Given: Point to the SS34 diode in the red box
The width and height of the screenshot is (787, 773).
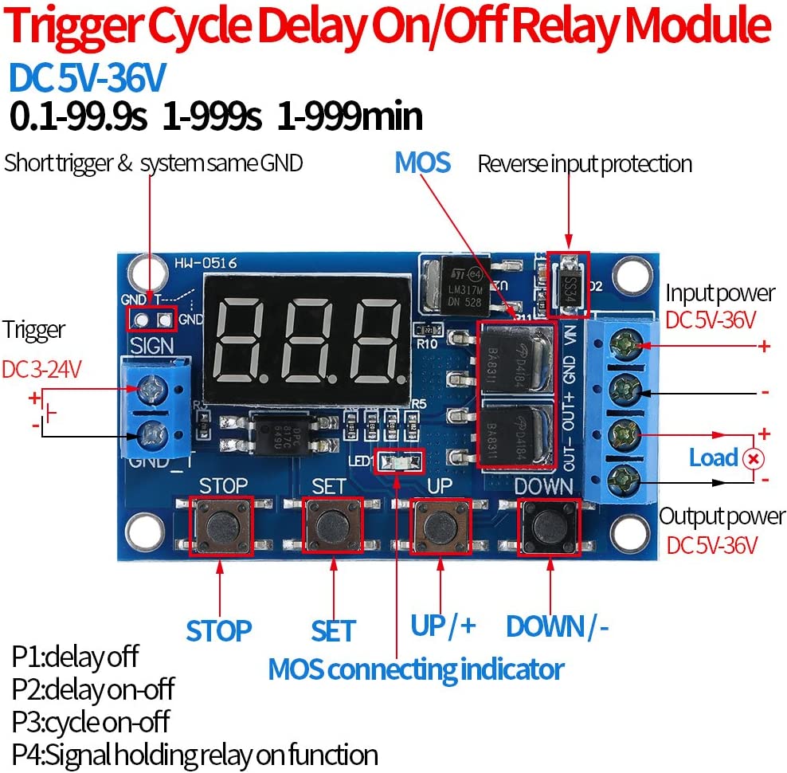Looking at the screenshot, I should pos(569,284).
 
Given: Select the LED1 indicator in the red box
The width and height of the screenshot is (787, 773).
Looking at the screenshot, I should pos(399,461).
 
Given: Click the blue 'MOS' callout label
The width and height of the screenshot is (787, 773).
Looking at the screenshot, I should pos(422,163).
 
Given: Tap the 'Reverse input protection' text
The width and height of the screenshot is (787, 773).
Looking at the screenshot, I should pos(585,164).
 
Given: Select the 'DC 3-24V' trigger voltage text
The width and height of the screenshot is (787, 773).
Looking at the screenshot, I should pos(41,370).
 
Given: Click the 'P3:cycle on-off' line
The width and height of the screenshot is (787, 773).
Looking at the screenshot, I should pos(91,722).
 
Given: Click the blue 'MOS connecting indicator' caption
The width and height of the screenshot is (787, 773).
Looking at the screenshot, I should pos(416,669).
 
